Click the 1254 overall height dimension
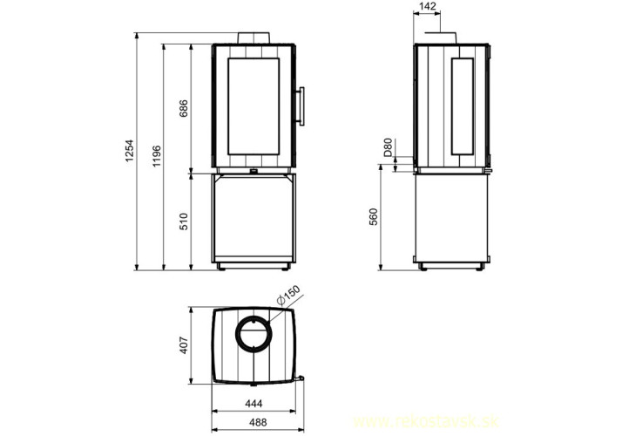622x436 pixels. click(x=131, y=151)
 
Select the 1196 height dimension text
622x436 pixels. click(x=158, y=156)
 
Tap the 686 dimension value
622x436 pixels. click(x=184, y=108)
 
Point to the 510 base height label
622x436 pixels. click(x=184, y=221)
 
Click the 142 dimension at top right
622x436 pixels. click(x=427, y=6)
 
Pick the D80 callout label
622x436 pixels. click(x=388, y=146)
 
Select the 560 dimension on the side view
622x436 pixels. click(x=374, y=217)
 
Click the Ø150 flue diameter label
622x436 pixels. click(x=288, y=295)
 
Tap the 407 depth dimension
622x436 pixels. click(x=184, y=345)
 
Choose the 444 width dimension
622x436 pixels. click(x=254, y=404)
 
